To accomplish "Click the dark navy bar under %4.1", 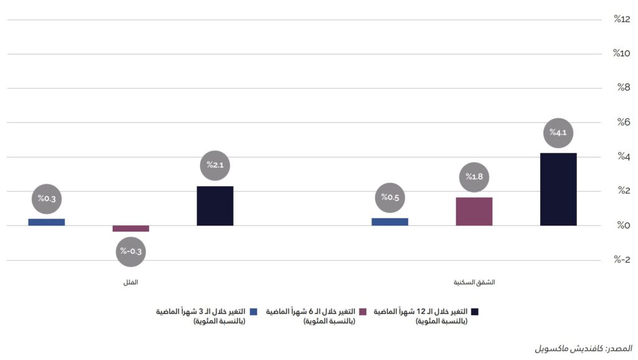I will pos(558,189).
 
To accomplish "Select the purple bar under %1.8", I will pos(474,211).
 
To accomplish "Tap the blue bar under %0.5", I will pos(389,222).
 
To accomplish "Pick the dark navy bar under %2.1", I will pos(215,206).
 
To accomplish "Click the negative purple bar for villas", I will pos(131,229).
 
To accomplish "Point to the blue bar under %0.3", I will pos(47,222).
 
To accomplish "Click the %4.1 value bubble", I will pos(558,132).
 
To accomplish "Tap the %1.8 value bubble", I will pos(474,177).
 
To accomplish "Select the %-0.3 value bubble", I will pos(131,252).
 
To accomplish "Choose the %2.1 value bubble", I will pos(215,165).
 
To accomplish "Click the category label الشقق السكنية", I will pos(474,282).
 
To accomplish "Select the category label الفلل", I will pos(130,282).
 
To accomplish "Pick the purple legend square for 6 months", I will pos(361,311).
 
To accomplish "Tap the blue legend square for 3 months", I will pos(253,311).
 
